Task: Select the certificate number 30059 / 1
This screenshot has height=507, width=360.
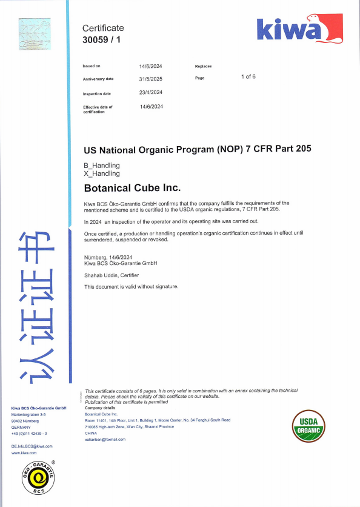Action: pos(102,39)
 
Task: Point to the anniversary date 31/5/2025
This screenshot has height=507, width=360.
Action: pos(150,79)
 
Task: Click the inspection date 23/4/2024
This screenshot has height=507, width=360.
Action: pos(151,92)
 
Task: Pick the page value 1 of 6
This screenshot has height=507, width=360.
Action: pos(248,76)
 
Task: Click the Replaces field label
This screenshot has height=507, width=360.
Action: pos(203,66)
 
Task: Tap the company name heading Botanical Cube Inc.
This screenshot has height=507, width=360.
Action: pos(132,188)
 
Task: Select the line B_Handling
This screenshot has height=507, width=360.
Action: pos(102,166)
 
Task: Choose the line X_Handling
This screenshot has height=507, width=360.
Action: pos(102,173)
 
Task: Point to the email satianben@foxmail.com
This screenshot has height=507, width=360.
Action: pos(105,439)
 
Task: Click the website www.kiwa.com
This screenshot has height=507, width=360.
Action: pos(24,452)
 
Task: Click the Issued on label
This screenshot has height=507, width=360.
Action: pos(92,65)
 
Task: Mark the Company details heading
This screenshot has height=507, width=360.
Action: pos(101,408)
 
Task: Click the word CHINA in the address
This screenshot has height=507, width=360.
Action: pos(91,433)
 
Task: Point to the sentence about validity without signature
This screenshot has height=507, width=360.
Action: pos(131,286)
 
